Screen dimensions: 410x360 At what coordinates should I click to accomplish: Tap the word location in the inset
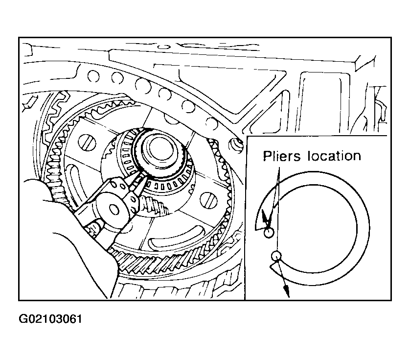pos(334,156)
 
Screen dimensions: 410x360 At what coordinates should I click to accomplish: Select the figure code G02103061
pos(50,319)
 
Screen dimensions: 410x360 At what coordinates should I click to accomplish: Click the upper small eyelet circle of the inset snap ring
pos(269,233)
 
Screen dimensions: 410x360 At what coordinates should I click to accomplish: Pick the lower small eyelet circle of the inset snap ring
pos(276,256)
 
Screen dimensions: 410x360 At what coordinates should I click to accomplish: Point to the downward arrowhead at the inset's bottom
pos(287,291)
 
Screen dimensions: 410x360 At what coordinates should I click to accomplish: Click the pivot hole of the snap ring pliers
pos(114,209)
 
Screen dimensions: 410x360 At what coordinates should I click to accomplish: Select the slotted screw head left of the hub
pos(87,143)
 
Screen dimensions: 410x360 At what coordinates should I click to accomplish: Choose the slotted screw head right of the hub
pos(208,201)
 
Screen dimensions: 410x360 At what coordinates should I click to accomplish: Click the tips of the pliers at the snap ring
pos(138,179)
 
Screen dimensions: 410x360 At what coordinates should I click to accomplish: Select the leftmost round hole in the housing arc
pos(93,76)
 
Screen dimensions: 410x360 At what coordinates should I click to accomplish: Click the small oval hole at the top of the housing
pos(164,47)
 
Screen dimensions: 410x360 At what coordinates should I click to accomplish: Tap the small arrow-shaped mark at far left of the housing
pos(30,103)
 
